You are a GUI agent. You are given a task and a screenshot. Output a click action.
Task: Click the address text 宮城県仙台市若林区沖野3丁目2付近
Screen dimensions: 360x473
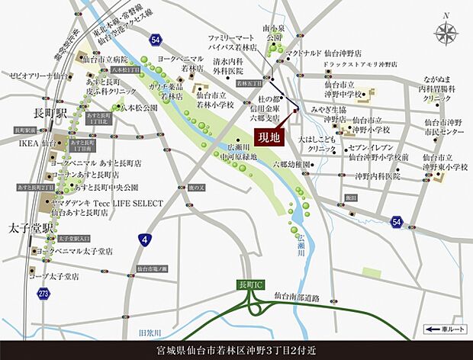pos(236,349)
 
